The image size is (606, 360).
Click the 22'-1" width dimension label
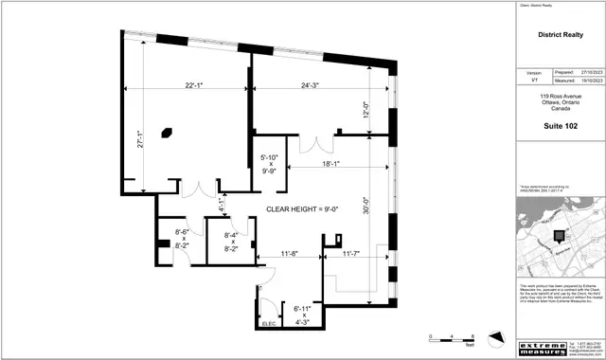(195, 86)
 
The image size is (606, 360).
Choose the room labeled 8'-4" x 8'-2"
(229, 240)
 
